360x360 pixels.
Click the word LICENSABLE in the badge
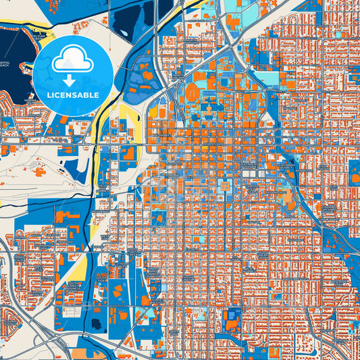72,96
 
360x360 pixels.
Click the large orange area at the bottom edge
81,353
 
